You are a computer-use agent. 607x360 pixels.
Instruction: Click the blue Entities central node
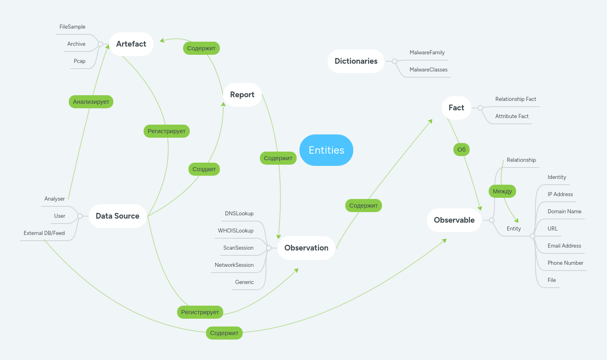pos(326,150)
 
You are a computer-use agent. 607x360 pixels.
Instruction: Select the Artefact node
pos(131,44)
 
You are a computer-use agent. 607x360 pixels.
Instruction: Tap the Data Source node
pos(117,216)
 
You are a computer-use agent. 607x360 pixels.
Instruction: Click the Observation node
pos(306,248)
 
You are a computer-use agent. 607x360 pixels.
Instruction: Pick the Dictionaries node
pos(356,61)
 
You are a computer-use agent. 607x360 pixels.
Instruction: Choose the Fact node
pos(456,107)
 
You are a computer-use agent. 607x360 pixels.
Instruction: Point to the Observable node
pos(454,220)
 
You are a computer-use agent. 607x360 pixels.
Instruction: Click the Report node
pos(242,94)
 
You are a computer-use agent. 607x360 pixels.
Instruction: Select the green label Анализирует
pos(91,101)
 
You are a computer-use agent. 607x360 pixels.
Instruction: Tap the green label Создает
pos(204,169)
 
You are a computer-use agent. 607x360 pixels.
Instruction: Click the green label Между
pos(502,191)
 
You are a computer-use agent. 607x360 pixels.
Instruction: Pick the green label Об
pos(461,149)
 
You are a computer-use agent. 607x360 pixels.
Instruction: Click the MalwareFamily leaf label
pos(427,52)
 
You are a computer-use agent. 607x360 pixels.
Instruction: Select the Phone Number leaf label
pos(565,263)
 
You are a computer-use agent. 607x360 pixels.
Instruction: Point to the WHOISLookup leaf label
pos(236,230)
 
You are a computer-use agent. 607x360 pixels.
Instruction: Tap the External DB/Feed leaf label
pos(44,233)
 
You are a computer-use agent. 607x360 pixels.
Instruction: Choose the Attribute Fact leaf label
pos(511,116)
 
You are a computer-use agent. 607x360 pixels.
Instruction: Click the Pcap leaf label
pos(80,61)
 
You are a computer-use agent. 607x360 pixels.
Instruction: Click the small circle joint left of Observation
pos(268,248)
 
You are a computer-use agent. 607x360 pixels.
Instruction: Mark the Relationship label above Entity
pos(521,160)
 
